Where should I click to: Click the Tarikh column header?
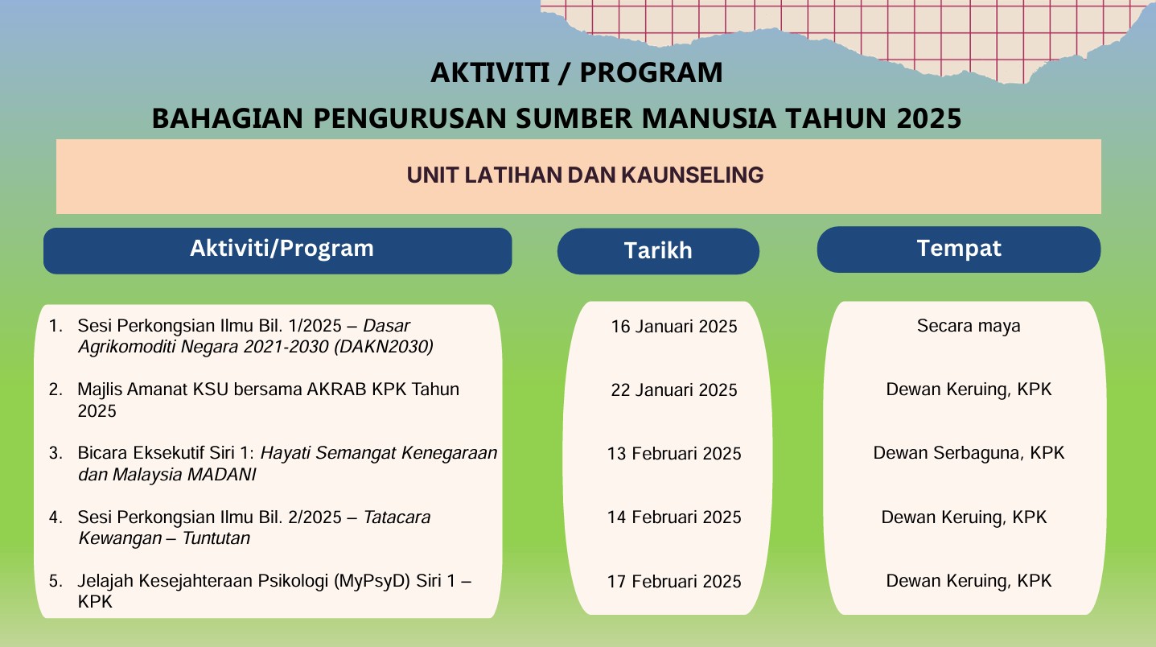pyautogui.click(x=658, y=251)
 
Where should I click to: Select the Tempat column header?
pyautogui.click(x=958, y=249)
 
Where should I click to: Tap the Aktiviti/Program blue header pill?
pyautogui.click(x=281, y=249)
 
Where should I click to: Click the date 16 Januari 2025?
pyautogui.click(x=673, y=327)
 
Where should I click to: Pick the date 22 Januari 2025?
pyautogui.click(x=673, y=390)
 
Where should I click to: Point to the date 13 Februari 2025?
pyautogui.click(x=673, y=454)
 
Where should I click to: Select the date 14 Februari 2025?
pyautogui.click(x=673, y=517)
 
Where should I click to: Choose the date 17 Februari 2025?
pyautogui.click(x=673, y=582)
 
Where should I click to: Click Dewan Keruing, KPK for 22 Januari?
pyautogui.click(x=969, y=389)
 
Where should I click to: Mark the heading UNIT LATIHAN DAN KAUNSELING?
pyautogui.click(x=585, y=175)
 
